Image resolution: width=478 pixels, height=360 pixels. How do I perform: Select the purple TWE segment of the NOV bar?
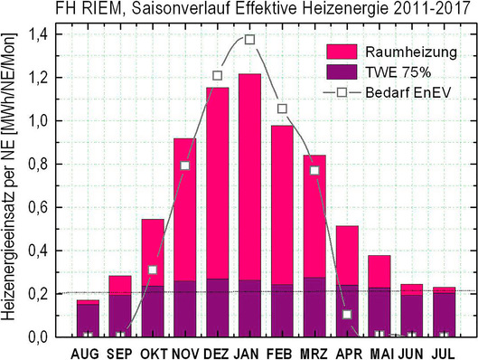(x=184, y=308)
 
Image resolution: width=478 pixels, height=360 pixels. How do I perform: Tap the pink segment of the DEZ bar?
(x=217, y=181)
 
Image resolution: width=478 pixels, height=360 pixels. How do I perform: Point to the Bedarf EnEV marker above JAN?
(x=249, y=40)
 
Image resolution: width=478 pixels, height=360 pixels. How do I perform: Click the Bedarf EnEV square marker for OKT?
(x=152, y=270)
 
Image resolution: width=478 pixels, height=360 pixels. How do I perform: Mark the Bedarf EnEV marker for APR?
(x=347, y=315)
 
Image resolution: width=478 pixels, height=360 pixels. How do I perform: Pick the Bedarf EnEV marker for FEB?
(x=282, y=109)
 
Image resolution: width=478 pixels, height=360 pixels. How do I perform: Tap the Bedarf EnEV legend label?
(x=405, y=92)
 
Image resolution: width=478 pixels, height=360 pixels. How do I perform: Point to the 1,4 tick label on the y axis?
(x=39, y=34)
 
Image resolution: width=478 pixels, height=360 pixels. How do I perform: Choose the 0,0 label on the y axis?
(x=39, y=336)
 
